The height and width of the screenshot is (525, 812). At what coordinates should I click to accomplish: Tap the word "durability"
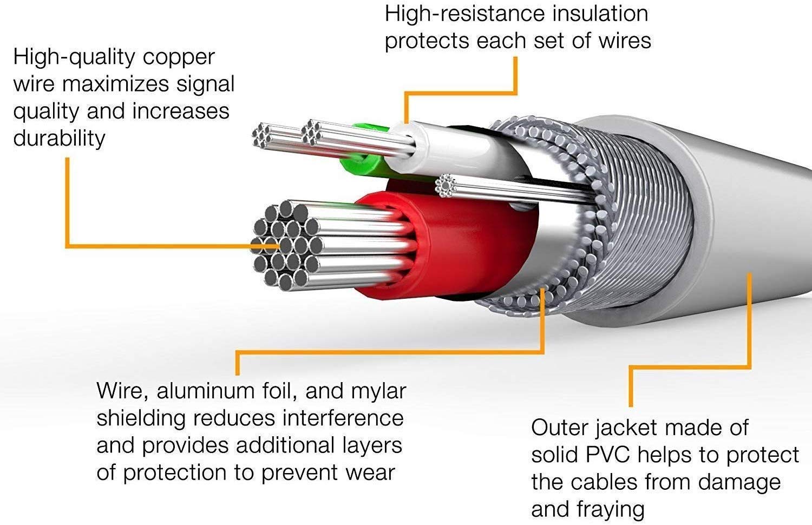[59, 139]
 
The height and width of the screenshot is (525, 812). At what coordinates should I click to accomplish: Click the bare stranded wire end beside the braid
[446, 186]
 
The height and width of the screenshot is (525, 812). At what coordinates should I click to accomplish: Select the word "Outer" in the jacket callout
[559, 428]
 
